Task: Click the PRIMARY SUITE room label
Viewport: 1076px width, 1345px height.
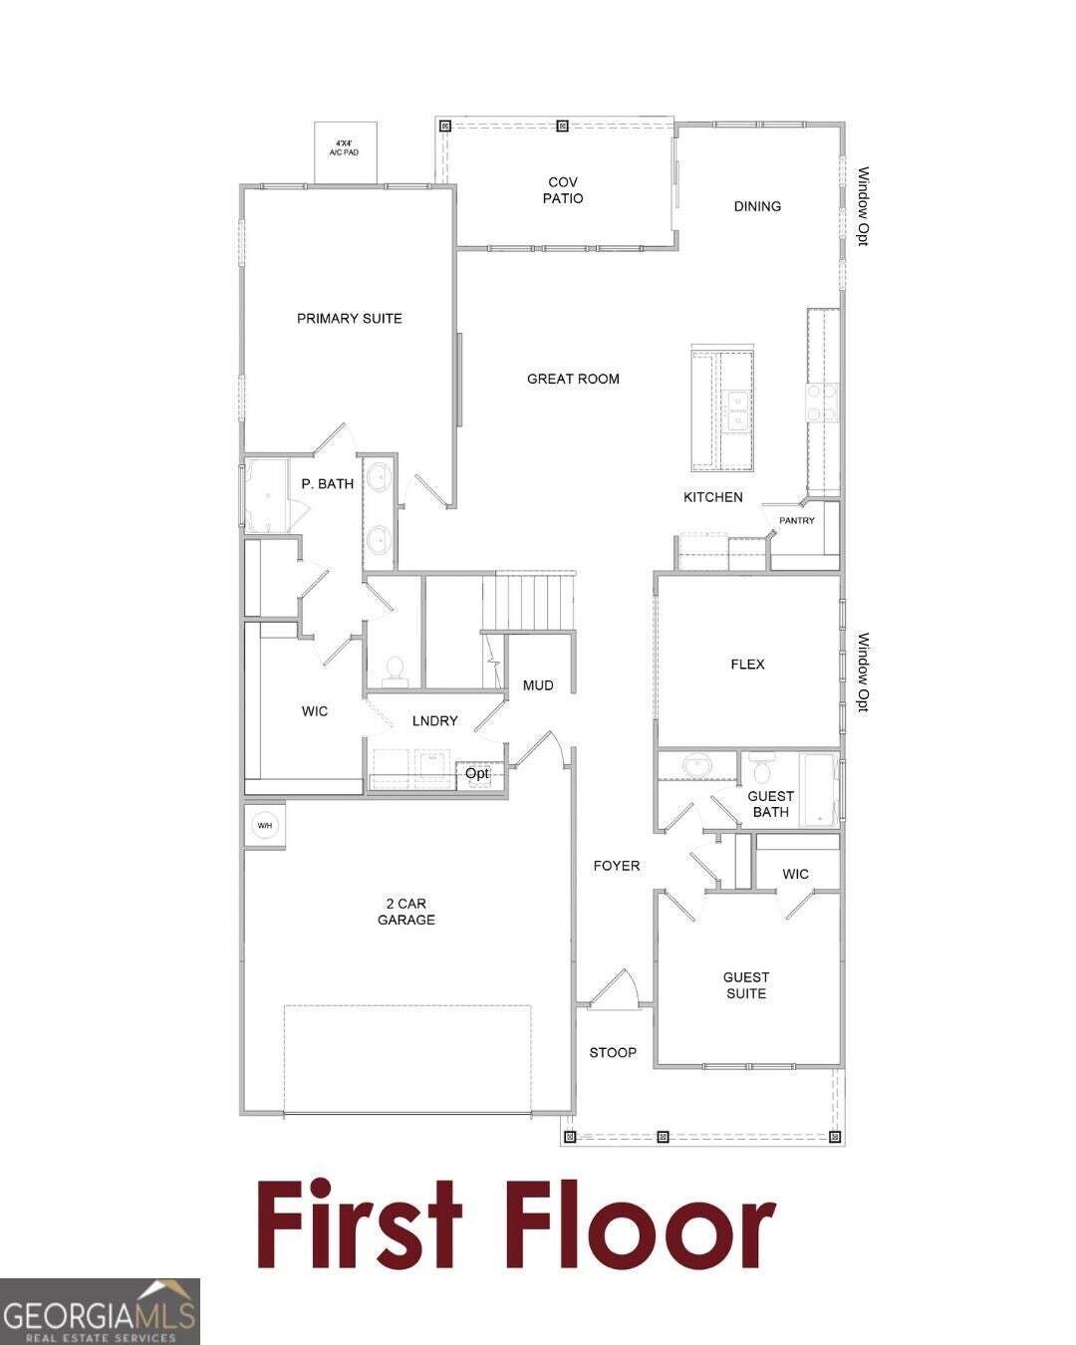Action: [349, 319]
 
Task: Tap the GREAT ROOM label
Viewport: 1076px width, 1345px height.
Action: [573, 379]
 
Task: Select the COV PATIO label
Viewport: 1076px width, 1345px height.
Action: [563, 190]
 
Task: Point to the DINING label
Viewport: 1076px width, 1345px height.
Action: [757, 206]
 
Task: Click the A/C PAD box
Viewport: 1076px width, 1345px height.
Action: [345, 152]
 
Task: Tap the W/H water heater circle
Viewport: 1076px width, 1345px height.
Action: [264, 826]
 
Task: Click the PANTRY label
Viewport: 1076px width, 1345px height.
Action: [796, 521]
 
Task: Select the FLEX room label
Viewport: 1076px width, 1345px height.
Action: [747, 664]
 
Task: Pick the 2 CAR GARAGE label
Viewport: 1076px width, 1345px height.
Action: [405, 912]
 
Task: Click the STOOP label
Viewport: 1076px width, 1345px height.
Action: [613, 1052]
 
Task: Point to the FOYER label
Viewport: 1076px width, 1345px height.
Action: [617, 866]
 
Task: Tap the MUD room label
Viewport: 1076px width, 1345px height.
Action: [538, 685]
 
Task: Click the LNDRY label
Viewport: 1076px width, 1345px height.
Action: [434, 720]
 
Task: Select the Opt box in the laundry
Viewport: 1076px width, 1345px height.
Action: [479, 775]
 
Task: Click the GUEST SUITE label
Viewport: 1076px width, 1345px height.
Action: [746, 985]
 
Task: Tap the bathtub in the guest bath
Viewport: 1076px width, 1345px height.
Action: [818, 790]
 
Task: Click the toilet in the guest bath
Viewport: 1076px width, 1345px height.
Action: [761, 769]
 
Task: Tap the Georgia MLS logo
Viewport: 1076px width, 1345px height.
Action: [100, 1311]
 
